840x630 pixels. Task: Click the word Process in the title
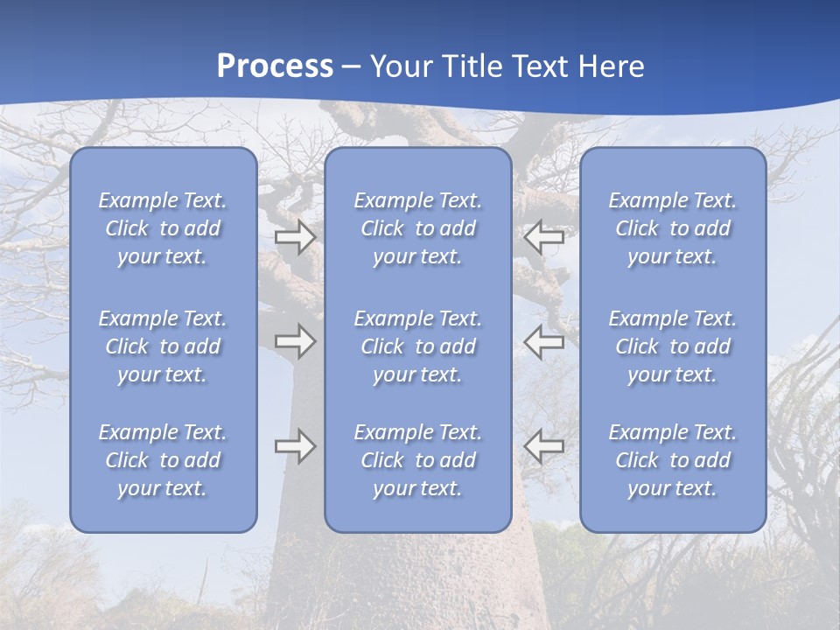[x=275, y=66]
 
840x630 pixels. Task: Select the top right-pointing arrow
[x=296, y=237]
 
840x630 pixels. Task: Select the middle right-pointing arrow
[x=296, y=341]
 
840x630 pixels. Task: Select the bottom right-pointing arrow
[x=296, y=446]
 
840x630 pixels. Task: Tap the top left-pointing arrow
[x=544, y=237]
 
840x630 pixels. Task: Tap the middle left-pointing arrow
[x=544, y=341]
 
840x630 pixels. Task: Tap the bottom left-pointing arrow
[x=544, y=446]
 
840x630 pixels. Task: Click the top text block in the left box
[x=163, y=228]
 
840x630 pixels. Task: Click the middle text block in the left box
[x=163, y=346]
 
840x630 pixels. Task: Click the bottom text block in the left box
[x=163, y=460]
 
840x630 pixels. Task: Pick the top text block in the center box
[x=417, y=228]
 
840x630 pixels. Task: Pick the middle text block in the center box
[x=417, y=346]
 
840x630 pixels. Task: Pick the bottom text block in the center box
[x=417, y=460]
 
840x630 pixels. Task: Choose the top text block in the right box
[x=672, y=228]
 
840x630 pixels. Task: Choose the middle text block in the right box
[x=672, y=346]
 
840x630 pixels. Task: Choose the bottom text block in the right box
[x=672, y=460]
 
